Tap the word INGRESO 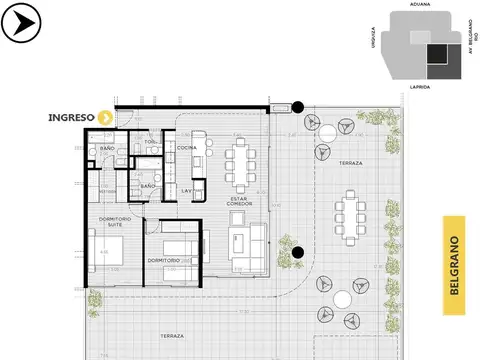[71, 117]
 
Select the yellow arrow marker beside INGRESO [104, 117]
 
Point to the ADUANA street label [420, 5]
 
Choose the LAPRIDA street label [420, 87]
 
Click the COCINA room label [187, 148]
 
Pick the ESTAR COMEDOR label [239, 201]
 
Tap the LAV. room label [187, 189]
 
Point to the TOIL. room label [151, 141]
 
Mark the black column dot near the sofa [297, 253]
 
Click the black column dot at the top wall [297, 106]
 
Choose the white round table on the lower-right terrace [343, 298]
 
